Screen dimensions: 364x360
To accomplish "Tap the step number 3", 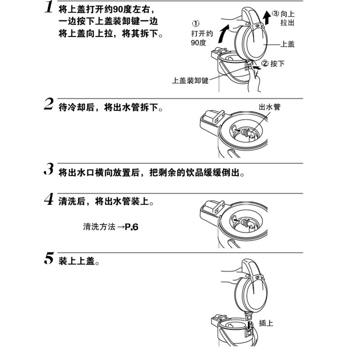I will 49,170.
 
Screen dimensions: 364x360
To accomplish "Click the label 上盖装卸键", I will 190,81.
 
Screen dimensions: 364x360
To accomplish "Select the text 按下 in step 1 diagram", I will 278,64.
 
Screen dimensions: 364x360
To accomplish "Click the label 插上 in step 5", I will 266,323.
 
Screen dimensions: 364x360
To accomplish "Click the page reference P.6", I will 131,227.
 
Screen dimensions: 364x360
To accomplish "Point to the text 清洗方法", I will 99,227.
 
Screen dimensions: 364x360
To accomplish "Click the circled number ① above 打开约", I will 195,23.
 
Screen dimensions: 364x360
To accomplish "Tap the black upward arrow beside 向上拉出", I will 266,18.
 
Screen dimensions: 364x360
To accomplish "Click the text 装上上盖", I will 78,261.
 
